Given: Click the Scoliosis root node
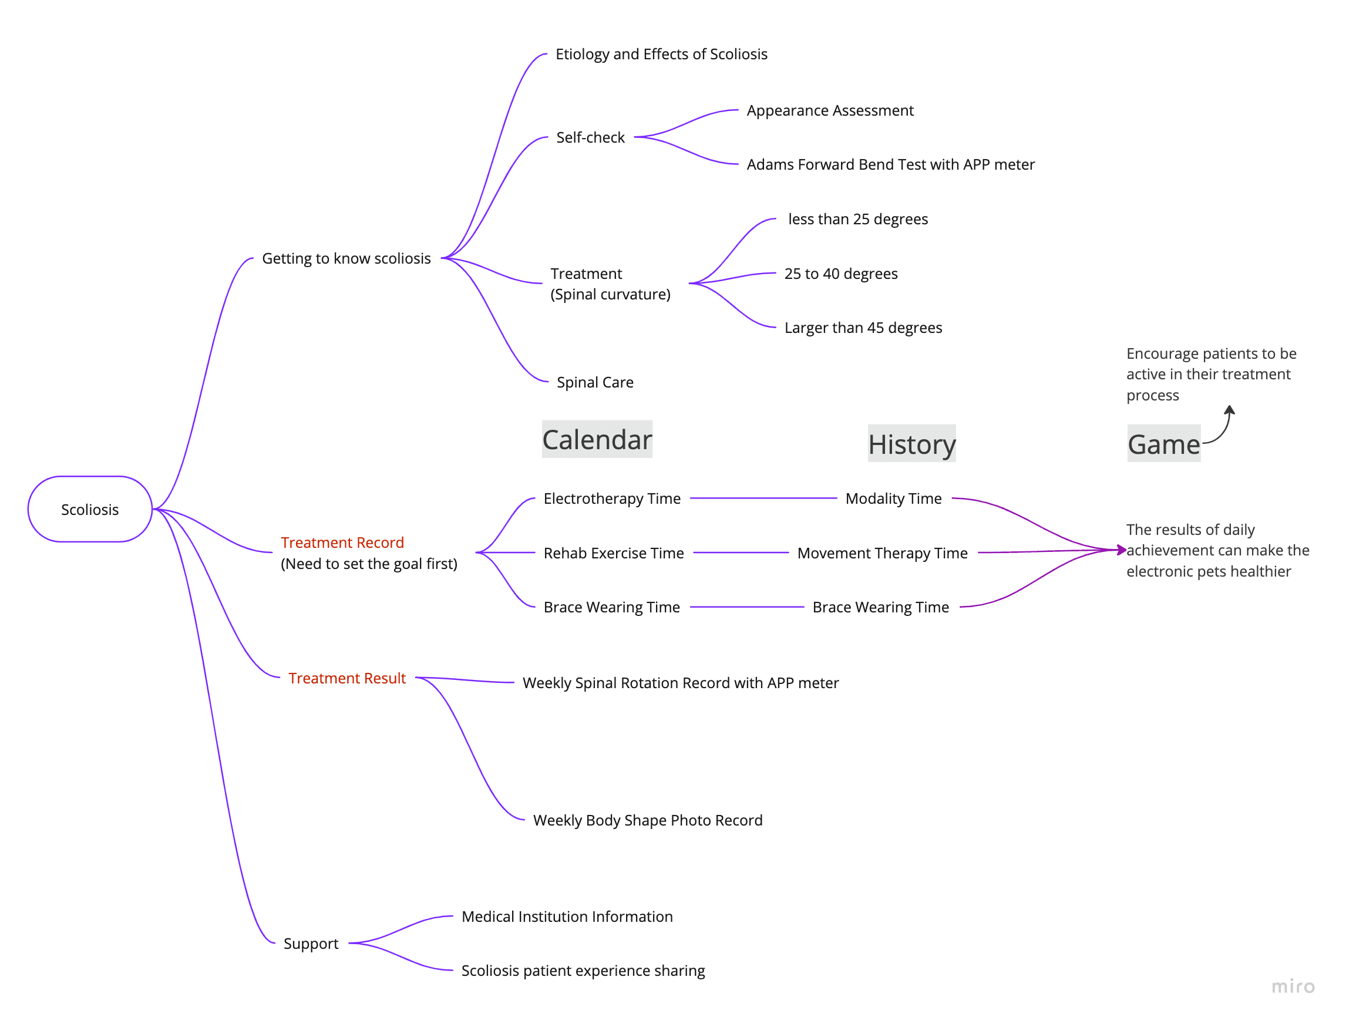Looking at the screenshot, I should pos(90,509).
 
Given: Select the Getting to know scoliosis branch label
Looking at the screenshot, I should pos(346,258).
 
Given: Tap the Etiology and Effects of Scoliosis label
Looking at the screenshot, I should pos(661,54).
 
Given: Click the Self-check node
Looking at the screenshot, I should pos(590,138).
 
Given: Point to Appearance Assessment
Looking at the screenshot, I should pos(829,110).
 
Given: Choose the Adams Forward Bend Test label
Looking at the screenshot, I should pos(890,164).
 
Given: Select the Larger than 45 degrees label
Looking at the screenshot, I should pos(863,328).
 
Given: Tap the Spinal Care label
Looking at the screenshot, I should pos(594,382).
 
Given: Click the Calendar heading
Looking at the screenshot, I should pos(597,439).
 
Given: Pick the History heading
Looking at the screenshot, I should pos(911,444).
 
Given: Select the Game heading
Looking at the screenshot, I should pos(1163,444).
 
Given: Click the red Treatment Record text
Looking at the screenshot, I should pos(342,543).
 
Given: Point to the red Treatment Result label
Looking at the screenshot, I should pos(347,678).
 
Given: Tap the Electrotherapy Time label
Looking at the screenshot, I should pos(611,498).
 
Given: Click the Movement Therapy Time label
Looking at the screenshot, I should pos(881,553).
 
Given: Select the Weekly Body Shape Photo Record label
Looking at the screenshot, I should pos(647,820).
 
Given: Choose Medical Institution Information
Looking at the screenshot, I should pos(567,916).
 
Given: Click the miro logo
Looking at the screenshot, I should pos(1293,986).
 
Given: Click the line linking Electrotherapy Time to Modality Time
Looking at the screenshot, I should pos(763,498).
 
